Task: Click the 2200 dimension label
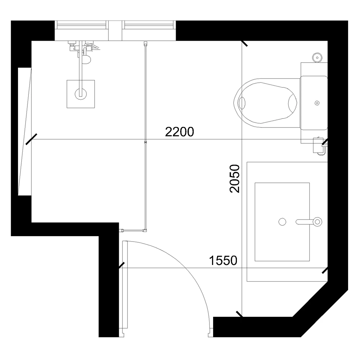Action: (180, 132)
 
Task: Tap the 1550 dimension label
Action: (223, 261)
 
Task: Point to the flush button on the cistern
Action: (317, 103)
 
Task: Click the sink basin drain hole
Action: (283, 222)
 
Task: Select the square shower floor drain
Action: (81, 94)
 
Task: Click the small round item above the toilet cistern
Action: (317, 57)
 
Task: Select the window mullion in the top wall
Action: (115, 31)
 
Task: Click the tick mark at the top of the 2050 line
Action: (244, 44)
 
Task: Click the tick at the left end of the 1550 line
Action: (121, 266)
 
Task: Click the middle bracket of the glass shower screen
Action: (145, 142)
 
